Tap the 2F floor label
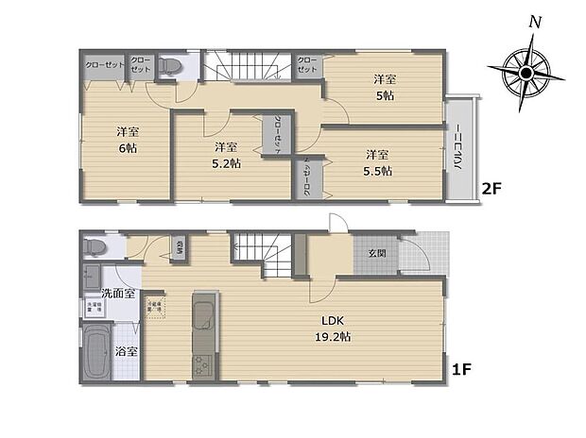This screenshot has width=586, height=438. (491, 189)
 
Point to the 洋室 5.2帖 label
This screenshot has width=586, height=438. (225, 155)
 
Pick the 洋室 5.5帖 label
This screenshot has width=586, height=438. (378, 162)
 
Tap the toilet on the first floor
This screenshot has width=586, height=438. (93, 247)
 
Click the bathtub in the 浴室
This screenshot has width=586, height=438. (96, 351)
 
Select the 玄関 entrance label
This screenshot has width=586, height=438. (376, 252)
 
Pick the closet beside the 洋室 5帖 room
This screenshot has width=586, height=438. (308, 66)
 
